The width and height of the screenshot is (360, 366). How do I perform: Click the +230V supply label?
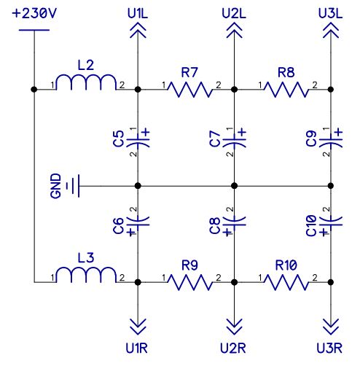click(x=34, y=13)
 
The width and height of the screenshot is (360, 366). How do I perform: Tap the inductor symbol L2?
click(x=86, y=82)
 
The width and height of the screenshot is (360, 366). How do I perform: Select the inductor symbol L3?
click(x=86, y=275)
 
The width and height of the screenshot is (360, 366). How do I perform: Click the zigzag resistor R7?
click(x=190, y=90)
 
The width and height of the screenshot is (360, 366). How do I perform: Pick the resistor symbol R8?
click(x=286, y=90)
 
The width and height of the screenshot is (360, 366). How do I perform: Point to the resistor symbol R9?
click(x=190, y=282)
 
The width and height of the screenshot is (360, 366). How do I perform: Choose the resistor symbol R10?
click(x=286, y=282)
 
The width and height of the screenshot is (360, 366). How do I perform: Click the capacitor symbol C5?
click(x=138, y=141)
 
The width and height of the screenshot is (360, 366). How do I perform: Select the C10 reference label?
click(x=311, y=226)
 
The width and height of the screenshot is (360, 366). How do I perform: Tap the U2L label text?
click(x=234, y=14)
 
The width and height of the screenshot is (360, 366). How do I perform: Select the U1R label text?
click(x=137, y=349)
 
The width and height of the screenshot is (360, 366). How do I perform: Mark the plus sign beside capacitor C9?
click(x=338, y=133)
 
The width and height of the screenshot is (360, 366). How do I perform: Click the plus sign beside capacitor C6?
click(x=131, y=232)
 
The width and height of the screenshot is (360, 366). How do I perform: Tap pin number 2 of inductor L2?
click(x=122, y=85)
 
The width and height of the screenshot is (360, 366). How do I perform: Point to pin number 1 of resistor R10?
click(x=260, y=278)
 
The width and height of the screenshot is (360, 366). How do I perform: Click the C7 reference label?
click(x=214, y=139)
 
